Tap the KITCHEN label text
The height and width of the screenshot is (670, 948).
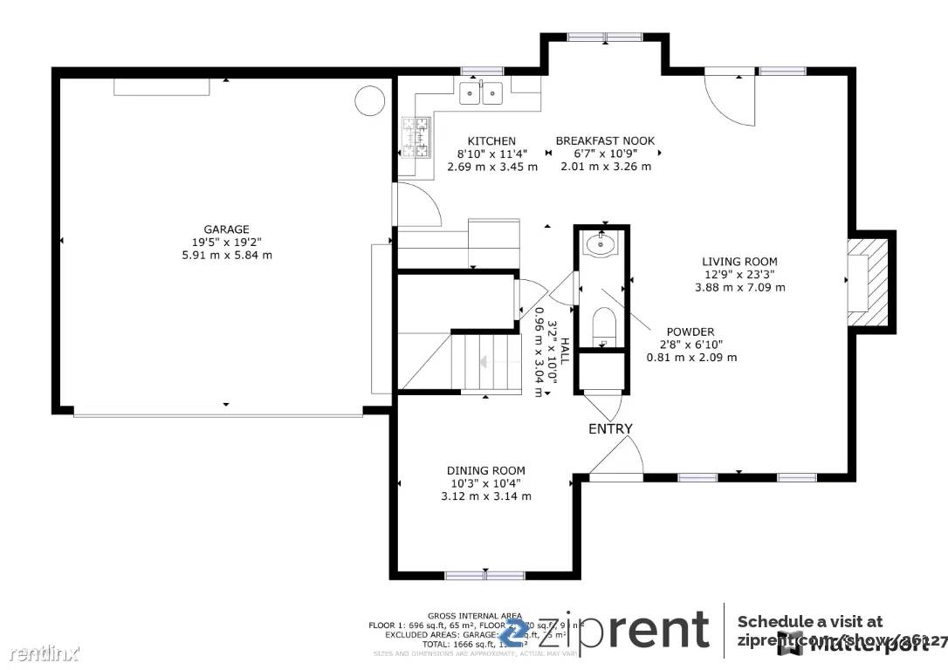[491, 140]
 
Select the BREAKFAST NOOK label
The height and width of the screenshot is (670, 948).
[605, 140]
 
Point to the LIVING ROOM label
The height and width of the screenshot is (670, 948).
[739, 261]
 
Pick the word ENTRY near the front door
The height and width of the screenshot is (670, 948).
[610, 428]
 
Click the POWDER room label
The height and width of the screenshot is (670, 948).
[690, 332]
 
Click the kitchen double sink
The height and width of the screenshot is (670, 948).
[480, 91]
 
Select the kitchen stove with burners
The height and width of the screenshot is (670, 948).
[416, 138]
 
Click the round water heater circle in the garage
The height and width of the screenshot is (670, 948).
[369, 100]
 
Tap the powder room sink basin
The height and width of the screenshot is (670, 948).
[600, 244]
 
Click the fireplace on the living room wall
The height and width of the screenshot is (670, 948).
[869, 282]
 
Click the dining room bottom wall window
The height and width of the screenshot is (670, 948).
[484, 575]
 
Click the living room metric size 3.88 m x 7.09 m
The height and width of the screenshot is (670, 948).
[739, 287]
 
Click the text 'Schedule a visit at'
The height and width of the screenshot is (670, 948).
[809, 621]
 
